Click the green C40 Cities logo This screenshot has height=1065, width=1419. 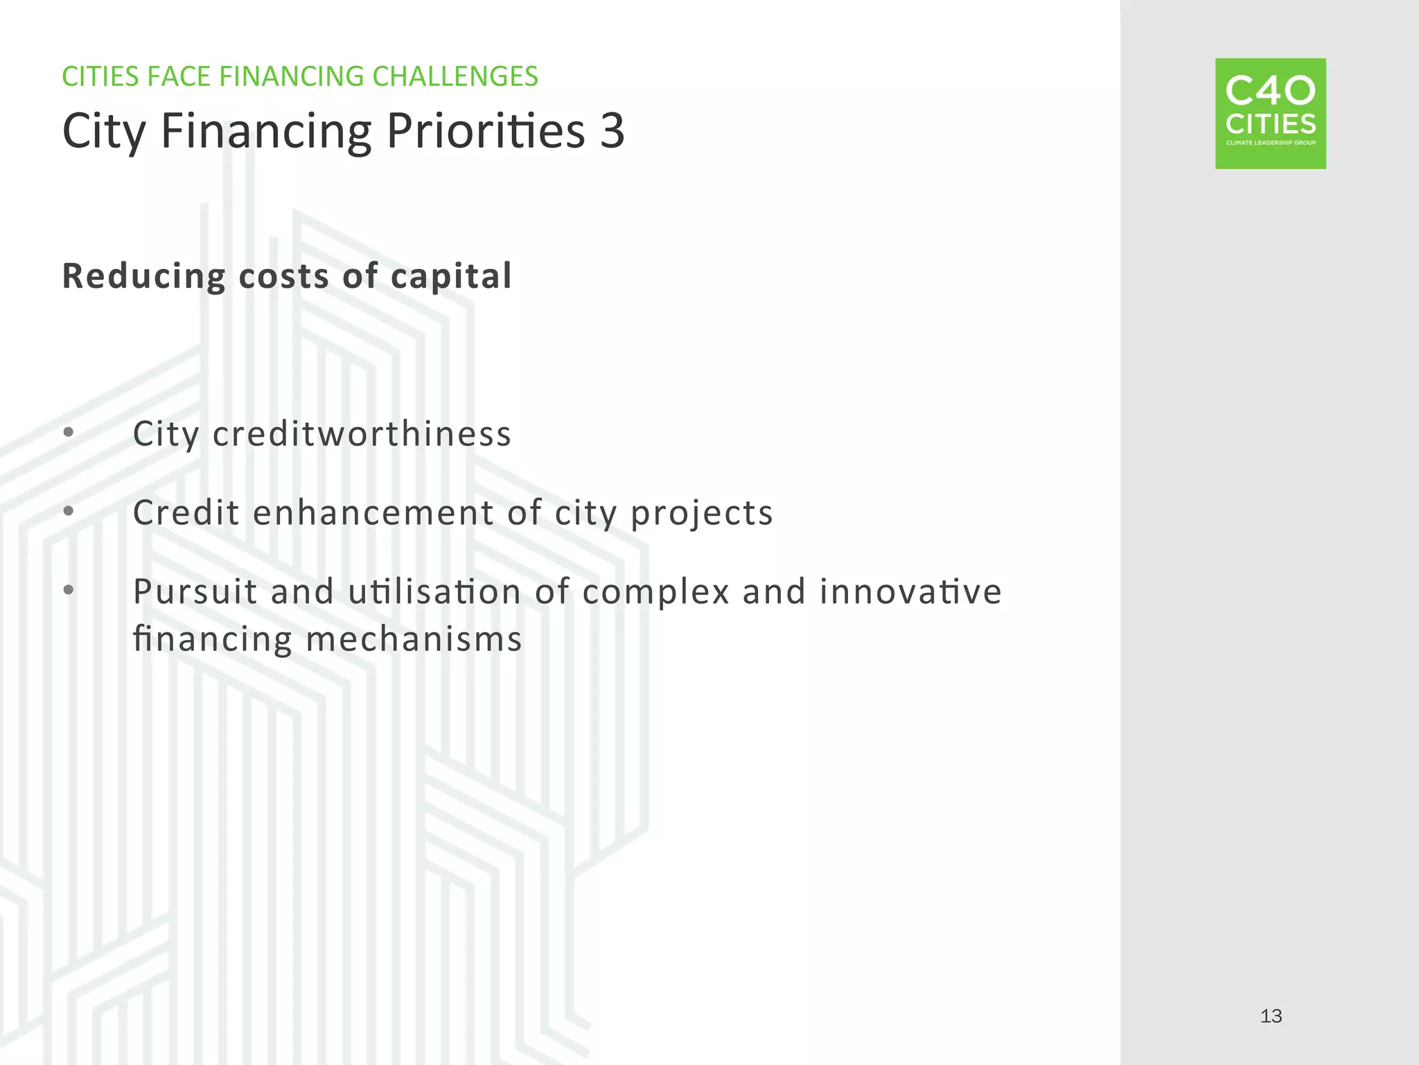1270,113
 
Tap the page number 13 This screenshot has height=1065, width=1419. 1271,1016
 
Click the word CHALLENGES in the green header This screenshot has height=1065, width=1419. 455,76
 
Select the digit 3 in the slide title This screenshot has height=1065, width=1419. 612,130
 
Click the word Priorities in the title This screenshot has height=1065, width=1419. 486,130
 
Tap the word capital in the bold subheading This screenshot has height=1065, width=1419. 451,277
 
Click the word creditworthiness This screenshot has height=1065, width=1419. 362,434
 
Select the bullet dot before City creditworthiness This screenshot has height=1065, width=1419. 68,433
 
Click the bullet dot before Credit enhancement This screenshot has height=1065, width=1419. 68,512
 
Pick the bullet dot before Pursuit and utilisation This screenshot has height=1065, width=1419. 68,590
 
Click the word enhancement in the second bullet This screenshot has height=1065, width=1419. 373,513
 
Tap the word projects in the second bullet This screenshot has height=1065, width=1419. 701,514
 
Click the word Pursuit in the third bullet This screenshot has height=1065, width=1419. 195,591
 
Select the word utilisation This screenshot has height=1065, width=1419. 434,591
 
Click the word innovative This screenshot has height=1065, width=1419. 910,591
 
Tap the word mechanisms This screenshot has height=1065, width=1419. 414,639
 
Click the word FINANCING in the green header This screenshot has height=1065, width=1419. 291,76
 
